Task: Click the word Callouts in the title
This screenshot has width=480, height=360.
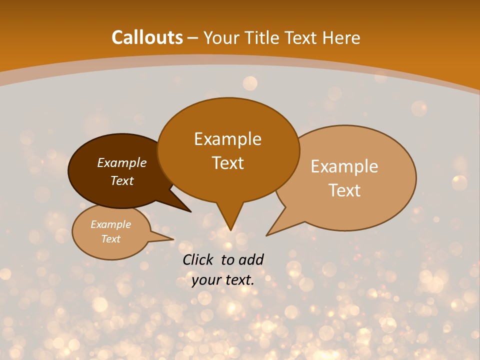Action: tap(147, 37)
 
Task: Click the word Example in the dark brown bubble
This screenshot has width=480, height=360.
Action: tap(122, 162)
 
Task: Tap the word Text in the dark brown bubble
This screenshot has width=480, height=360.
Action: tap(122, 180)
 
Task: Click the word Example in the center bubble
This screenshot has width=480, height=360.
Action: tap(227, 139)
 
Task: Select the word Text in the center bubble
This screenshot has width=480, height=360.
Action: tap(228, 163)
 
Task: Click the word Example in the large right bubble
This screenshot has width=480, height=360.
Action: tap(344, 166)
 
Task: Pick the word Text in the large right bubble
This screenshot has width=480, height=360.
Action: tap(345, 190)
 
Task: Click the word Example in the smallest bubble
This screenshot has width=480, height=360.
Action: tap(111, 224)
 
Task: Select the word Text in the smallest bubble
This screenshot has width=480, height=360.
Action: tap(111, 239)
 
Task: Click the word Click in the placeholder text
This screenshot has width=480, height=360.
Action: tap(199, 259)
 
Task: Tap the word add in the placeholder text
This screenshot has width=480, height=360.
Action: tap(251, 259)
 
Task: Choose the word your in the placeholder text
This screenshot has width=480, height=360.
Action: tap(206, 280)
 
